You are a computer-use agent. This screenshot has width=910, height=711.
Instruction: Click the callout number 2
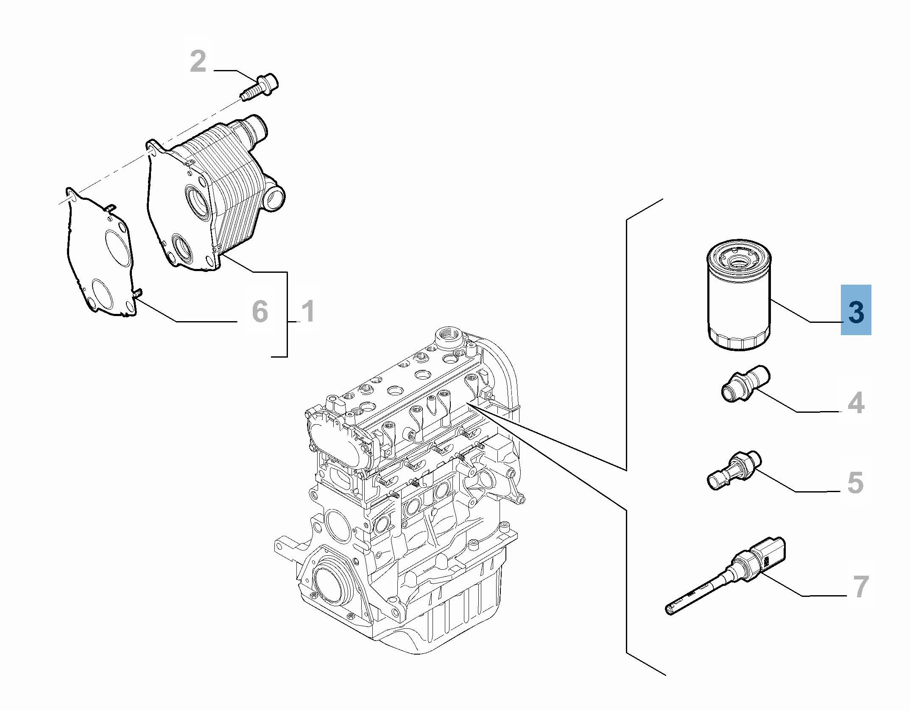[x=198, y=62]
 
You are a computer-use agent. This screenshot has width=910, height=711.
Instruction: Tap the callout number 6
[x=260, y=311]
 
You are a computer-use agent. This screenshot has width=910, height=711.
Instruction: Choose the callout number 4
[x=856, y=403]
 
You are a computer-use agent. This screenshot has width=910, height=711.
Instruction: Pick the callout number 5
[x=855, y=482]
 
